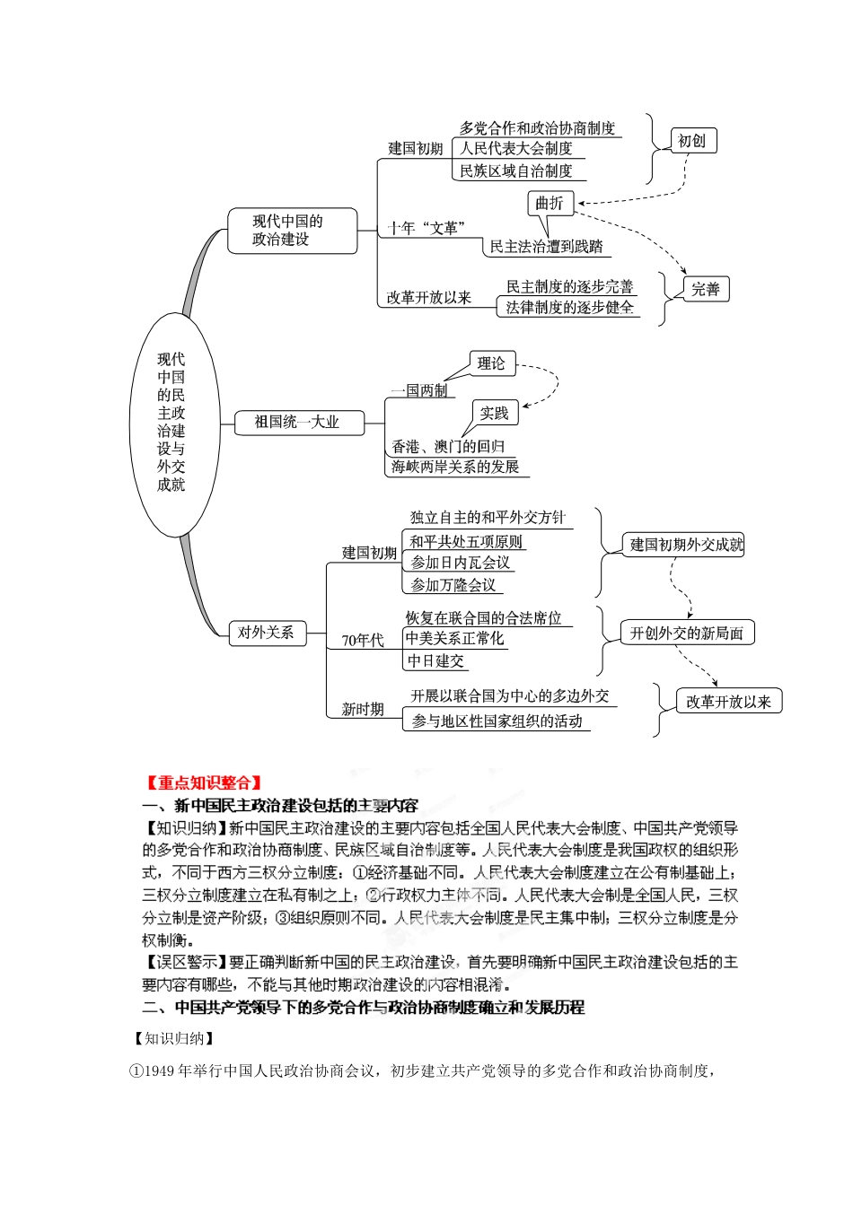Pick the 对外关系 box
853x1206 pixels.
(x=266, y=633)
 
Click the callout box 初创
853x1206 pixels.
(x=692, y=141)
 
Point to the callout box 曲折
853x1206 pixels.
(x=550, y=204)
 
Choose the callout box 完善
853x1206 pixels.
(x=706, y=289)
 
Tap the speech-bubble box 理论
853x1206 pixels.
(x=491, y=363)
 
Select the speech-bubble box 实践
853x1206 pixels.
(x=494, y=414)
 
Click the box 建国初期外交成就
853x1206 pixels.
(x=686, y=545)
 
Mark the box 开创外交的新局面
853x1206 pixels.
(x=687, y=633)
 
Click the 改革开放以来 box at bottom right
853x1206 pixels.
(x=728, y=702)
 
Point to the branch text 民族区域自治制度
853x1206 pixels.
(x=516, y=170)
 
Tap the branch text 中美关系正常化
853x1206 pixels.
(x=454, y=638)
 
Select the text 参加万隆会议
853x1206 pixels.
(x=453, y=585)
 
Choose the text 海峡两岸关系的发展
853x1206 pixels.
(x=455, y=467)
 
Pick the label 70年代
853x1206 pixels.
(x=363, y=640)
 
